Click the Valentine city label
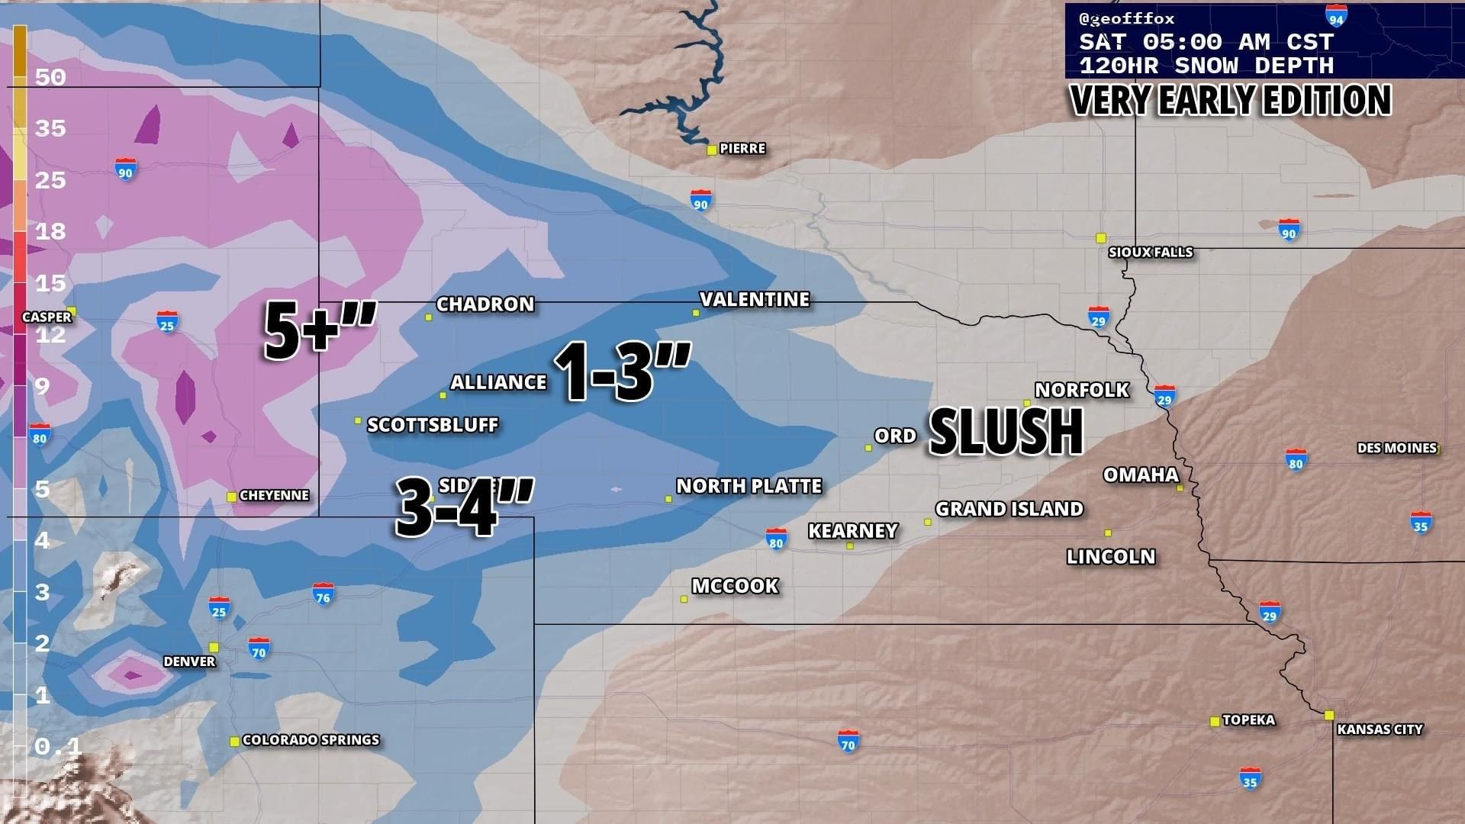point(755,299)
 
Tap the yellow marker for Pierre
point(711,150)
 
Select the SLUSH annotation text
point(1006,432)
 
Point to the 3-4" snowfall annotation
point(462,507)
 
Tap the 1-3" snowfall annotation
point(621,371)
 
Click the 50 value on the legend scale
point(50,77)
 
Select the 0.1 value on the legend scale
point(57,745)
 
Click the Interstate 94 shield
point(1335,17)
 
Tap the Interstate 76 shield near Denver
point(323,594)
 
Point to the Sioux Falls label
point(1150,252)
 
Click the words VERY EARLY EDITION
point(1231,100)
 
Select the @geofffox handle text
point(1126,18)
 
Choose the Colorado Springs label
point(311,739)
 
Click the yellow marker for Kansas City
point(1329,715)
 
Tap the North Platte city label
point(749,486)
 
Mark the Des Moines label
point(1396,448)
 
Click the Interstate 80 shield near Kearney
point(776,538)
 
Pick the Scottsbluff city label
point(433,425)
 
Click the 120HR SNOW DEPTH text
point(1206,66)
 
